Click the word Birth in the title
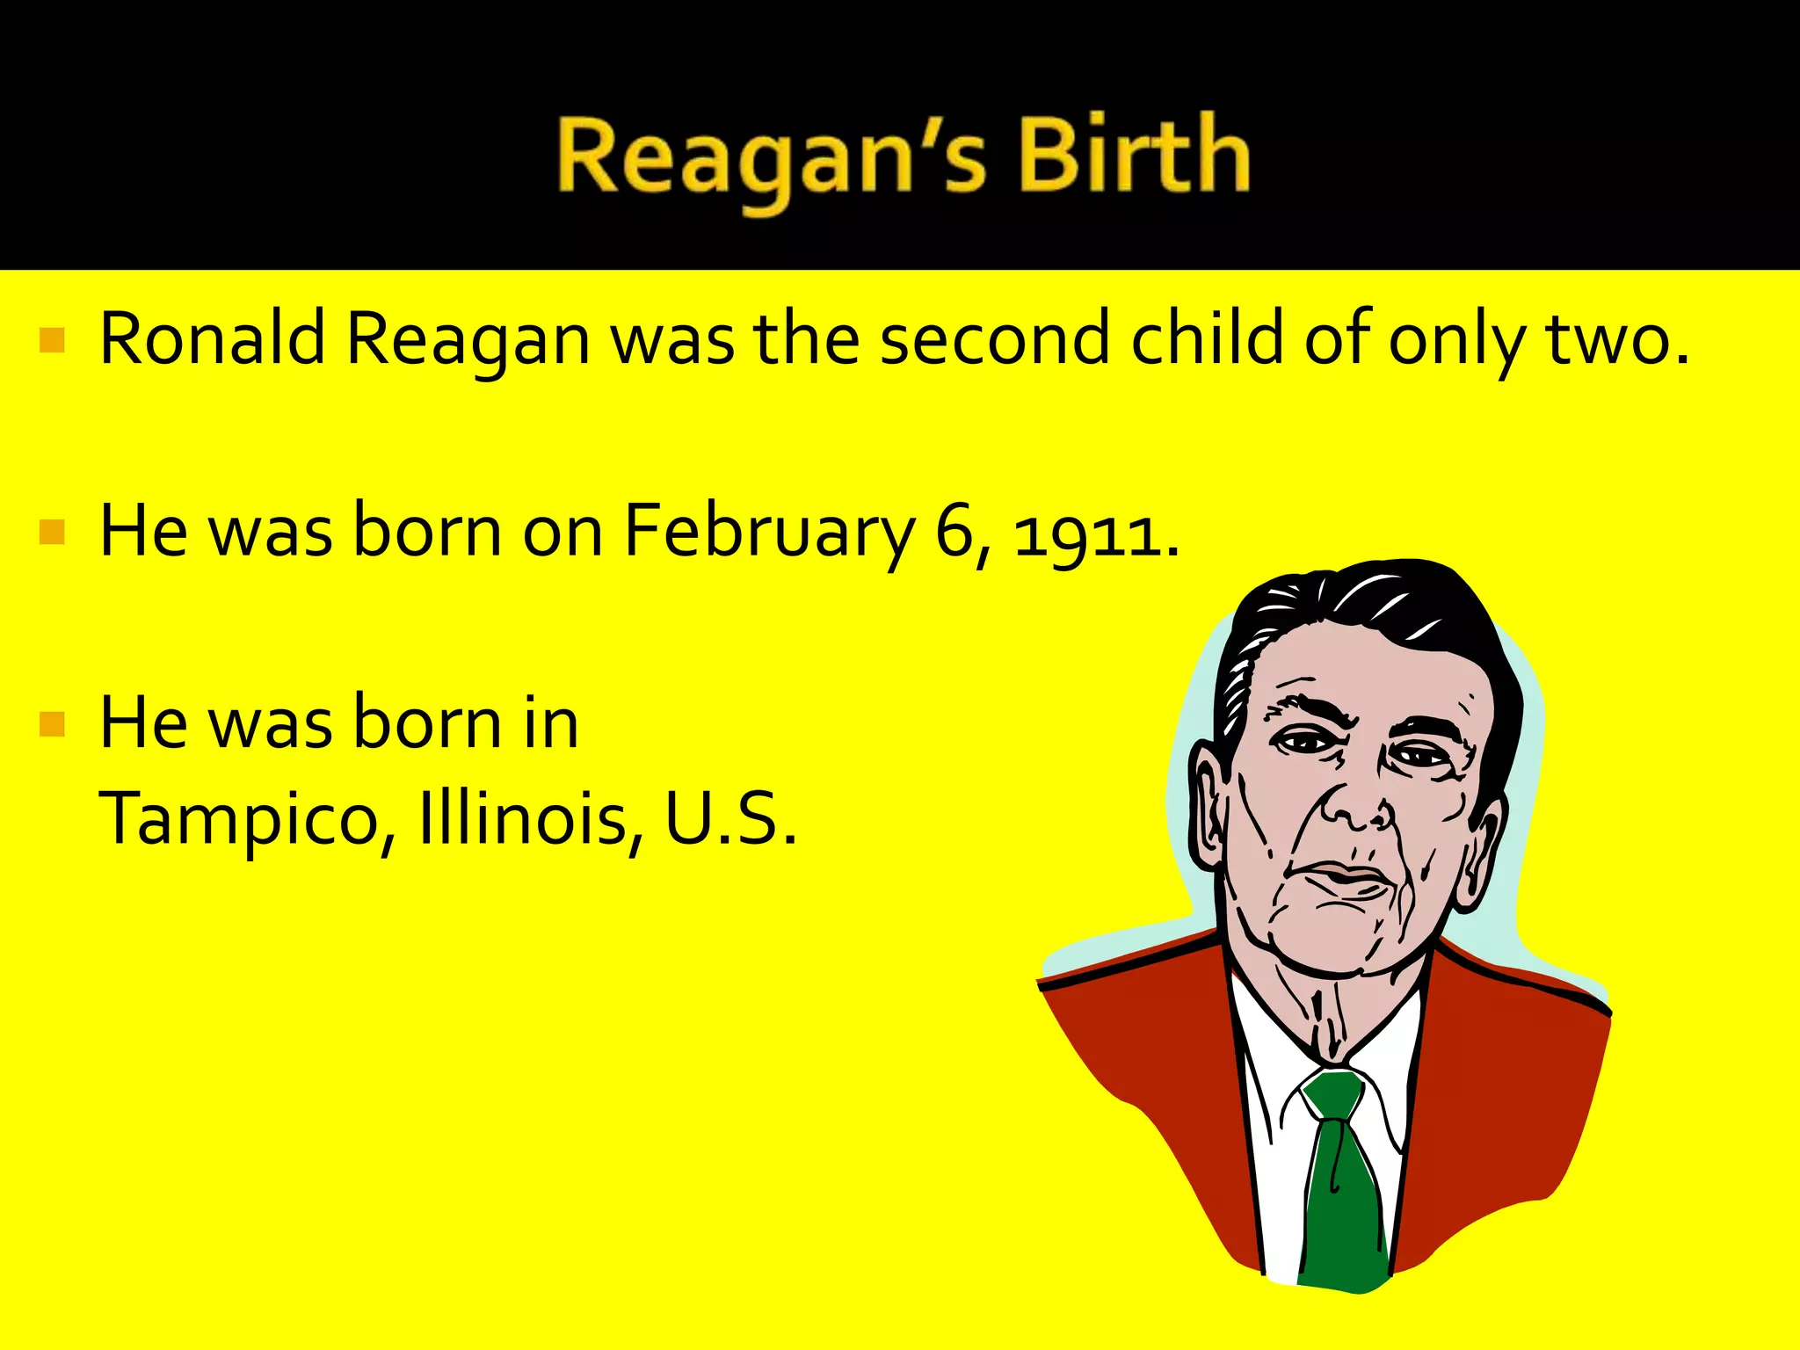tap(1134, 156)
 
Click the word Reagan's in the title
tap(773, 159)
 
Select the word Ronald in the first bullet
tap(212, 338)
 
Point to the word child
tap(1208, 338)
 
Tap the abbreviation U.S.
tap(729, 817)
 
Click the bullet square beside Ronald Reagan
tap(53, 340)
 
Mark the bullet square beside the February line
tap(53, 533)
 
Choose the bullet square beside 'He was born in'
tap(53, 723)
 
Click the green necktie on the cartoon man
tap(1340, 1178)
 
